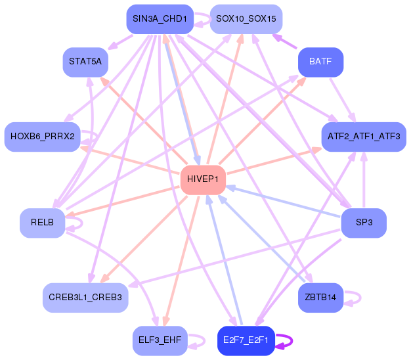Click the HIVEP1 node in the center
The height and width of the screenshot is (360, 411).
pos(203,179)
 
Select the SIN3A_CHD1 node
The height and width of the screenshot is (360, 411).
pos(160,19)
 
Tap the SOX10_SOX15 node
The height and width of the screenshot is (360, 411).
pos(246,19)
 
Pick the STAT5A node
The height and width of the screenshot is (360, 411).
pos(85,62)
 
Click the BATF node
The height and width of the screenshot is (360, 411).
pos(320,62)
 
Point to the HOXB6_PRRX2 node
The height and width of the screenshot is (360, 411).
pos(43,137)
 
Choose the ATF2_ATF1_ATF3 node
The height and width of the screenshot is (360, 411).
pos(364,137)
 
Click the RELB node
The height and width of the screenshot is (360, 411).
pos(43,223)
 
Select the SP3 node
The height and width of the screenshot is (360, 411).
pos(364,223)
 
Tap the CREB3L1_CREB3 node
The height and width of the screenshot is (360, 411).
pos(85,298)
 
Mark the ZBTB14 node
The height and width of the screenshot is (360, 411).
pos(320,298)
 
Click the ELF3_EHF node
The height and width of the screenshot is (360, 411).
pos(160,340)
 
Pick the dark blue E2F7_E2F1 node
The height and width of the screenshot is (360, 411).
pos(246,340)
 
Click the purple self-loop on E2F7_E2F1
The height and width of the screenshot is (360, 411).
pos(292,341)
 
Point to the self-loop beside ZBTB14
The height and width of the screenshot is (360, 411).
pos(360,298)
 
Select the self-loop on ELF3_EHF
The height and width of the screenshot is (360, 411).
pos(204,341)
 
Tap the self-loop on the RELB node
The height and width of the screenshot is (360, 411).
pos(82,223)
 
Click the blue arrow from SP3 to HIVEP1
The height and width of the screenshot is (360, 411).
pos(283,202)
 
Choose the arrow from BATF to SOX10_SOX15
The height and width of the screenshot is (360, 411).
pos(285,41)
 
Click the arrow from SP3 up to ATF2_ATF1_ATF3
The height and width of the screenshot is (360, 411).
pos(364,180)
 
